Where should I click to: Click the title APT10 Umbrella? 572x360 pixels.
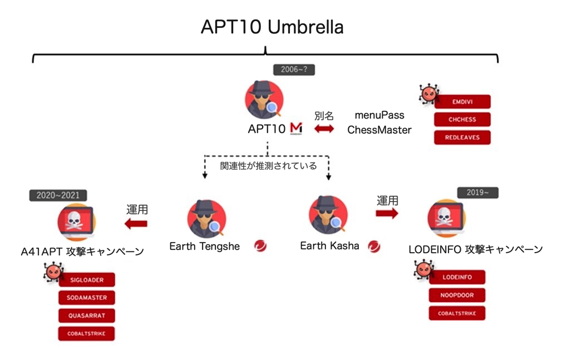[272, 27]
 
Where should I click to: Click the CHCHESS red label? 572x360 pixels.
[462, 119]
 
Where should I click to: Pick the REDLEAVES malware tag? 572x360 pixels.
[462, 137]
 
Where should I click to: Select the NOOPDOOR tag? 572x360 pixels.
[457, 295]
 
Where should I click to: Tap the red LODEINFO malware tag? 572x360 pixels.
[457, 277]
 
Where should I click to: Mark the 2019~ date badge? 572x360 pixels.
[477, 193]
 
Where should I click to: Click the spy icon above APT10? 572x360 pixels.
[264, 100]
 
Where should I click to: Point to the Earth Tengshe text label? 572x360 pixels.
[204, 246]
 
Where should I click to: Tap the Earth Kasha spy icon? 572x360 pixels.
[329, 215]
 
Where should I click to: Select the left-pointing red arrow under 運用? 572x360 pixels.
[136, 224]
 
